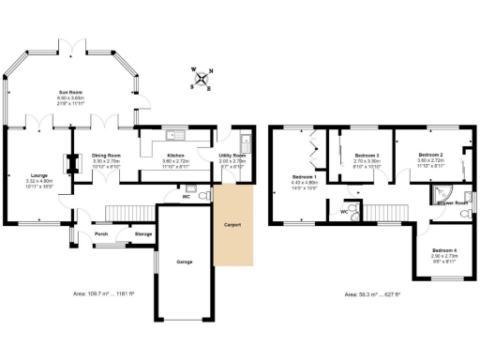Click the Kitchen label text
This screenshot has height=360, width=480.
175,155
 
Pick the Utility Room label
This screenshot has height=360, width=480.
232,155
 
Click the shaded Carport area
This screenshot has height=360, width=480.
233,225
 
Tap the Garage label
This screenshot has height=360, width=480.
184,262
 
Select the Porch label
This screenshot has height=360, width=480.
100,233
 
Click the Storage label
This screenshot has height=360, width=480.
143,233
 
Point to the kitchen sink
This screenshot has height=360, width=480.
175,133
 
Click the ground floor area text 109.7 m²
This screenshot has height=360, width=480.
104,294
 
